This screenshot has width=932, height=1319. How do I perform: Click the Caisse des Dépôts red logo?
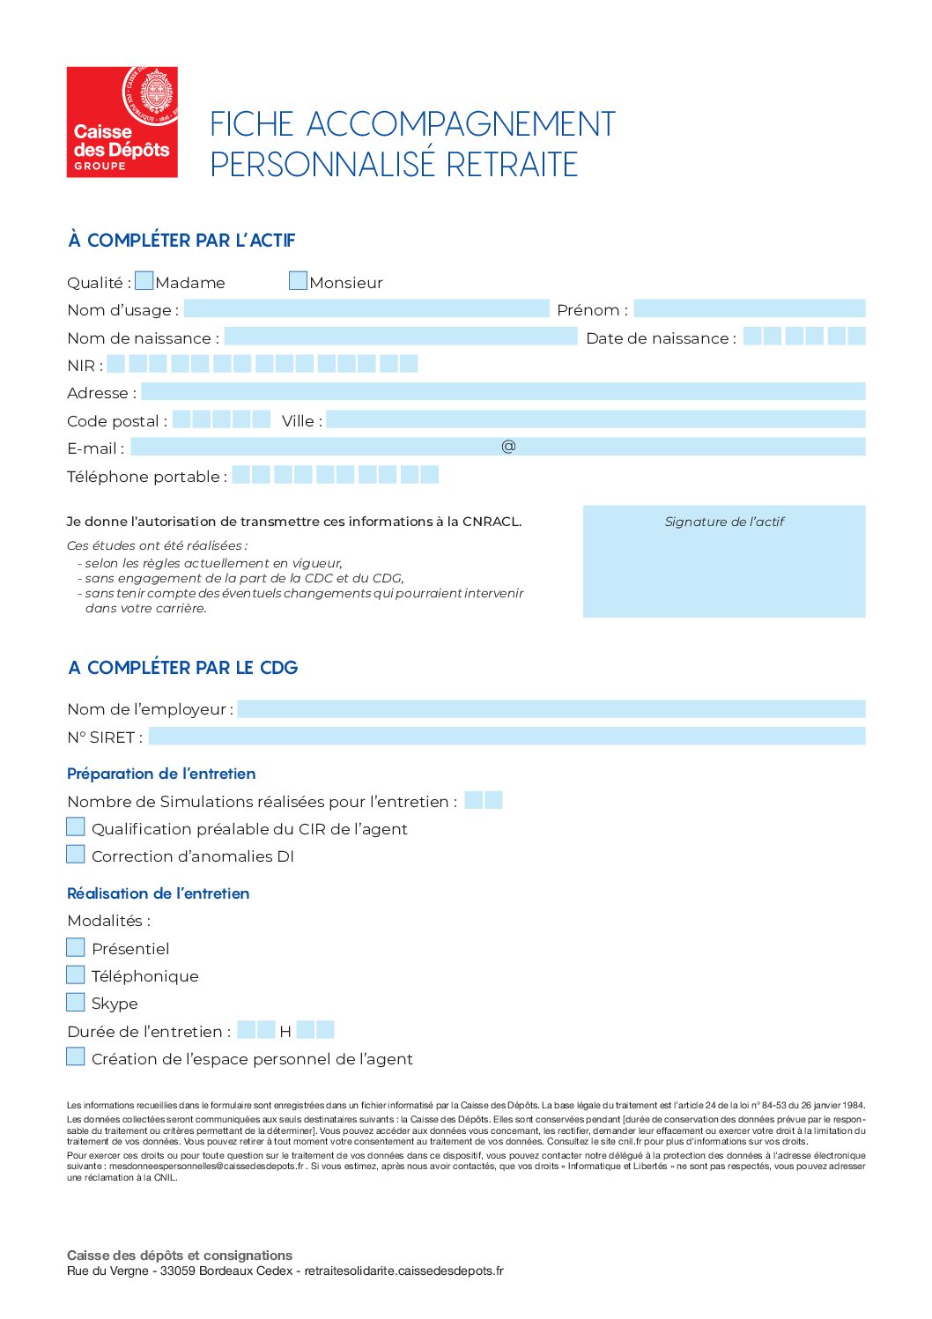(x=122, y=122)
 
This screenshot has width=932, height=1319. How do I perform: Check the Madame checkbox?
(x=144, y=281)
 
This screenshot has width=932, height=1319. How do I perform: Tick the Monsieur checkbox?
(x=298, y=281)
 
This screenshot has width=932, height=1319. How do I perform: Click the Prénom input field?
(x=749, y=308)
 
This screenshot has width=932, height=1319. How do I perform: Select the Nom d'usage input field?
(x=366, y=308)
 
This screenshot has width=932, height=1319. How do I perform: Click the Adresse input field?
(x=502, y=391)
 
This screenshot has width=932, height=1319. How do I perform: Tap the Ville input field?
(x=595, y=419)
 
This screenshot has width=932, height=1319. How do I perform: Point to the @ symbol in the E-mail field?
(x=508, y=447)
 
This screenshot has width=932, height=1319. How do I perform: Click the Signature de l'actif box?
(x=723, y=561)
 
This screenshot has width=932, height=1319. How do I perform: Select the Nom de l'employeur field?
(x=551, y=708)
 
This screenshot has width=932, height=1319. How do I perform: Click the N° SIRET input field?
(x=507, y=736)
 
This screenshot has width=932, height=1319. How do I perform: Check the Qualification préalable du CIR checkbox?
(x=76, y=826)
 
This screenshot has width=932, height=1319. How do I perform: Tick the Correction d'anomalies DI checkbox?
(x=76, y=854)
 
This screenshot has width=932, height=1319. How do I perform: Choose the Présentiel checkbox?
(x=76, y=947)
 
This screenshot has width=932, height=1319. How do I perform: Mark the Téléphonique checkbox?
(x=76, y=974)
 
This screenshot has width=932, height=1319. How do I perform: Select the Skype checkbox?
(x=76, y=1002)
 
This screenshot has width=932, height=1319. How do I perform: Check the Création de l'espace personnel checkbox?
(x=76, y=1056)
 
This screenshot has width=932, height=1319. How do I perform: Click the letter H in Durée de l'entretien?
(x=285, y=1031)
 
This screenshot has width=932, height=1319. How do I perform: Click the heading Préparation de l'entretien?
(x=161, y=774)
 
